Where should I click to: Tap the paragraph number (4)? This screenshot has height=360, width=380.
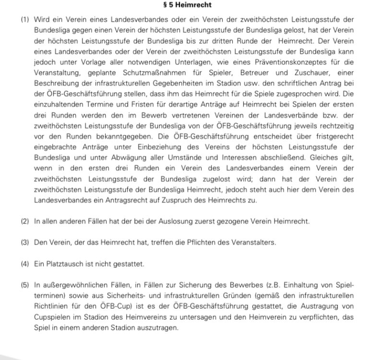[25, 264]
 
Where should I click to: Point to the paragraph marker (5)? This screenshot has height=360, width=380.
[25, 285]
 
